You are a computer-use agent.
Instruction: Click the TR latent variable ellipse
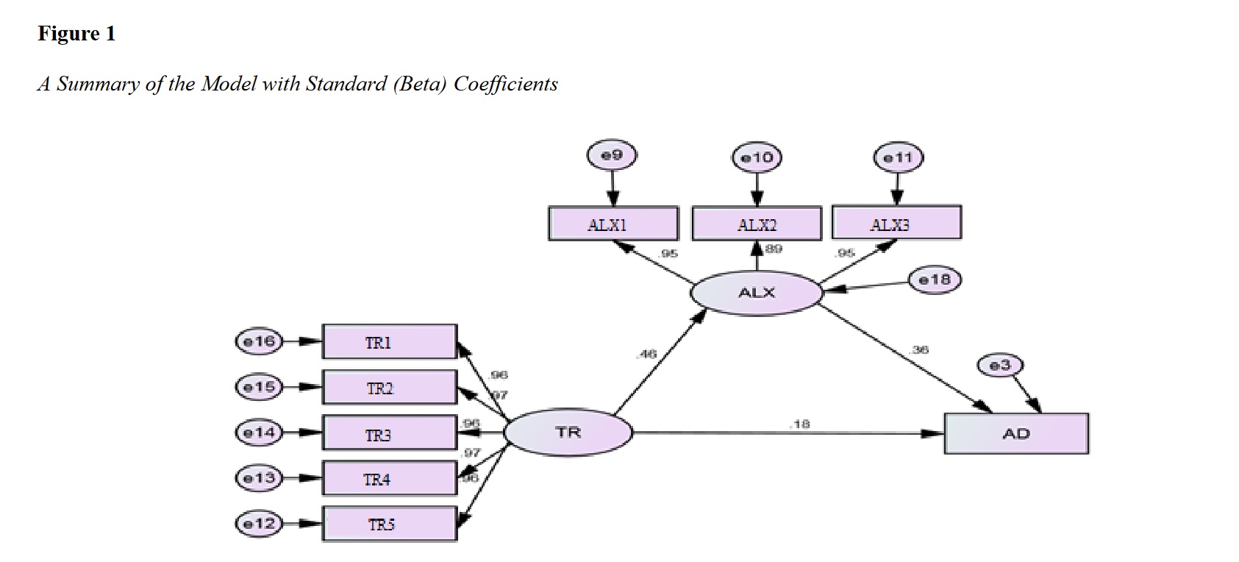pos(568,433)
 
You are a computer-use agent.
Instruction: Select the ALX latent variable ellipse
pos(756,293)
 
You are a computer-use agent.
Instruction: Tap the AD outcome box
pos(1015,434)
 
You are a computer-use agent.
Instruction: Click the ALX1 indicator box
pos(613,224)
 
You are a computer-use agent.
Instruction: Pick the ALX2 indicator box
pos(756,224)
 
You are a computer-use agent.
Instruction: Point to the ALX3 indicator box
pos(896,223)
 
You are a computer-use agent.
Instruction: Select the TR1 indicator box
pos(389,342)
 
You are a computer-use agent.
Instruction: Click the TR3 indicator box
pos(389,434)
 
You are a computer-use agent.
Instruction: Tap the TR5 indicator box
pos(389,524)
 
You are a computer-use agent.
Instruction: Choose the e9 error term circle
pos(612,156)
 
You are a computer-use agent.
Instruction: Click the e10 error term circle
pos(757,157)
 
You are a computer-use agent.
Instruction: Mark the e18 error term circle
pos(935,280)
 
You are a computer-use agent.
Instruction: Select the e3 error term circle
pos(1000,365)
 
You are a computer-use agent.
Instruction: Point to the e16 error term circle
pos(259,341)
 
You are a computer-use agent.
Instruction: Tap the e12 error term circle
pos(259,524)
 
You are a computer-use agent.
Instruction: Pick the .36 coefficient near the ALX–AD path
pos(918,350)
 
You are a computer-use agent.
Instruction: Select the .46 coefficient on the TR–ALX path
pos(646,355)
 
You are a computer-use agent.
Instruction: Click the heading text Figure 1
pos(76,34)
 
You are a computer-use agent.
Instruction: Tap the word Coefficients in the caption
pos(506,84)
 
